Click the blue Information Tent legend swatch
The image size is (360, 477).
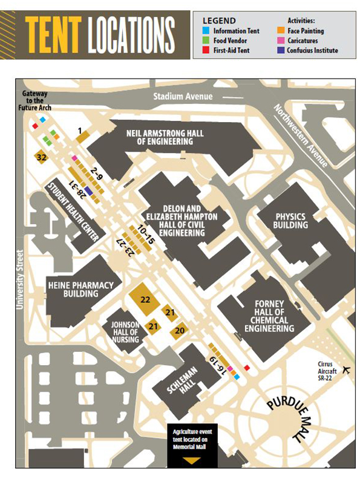[x=206, y=30]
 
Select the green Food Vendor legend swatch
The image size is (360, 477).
[x=206, y=41]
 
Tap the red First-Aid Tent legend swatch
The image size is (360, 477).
[x=206, y=51]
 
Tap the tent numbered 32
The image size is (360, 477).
[x=42, y=157]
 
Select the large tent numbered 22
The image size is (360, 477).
[x=145, y=299]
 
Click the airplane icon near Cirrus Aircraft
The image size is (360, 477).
[x=347, y=369]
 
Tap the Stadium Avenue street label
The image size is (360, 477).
[x=183, y=96]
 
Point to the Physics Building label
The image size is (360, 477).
[x=290, y=221]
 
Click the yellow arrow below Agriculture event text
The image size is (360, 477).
[x=191, y=461]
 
